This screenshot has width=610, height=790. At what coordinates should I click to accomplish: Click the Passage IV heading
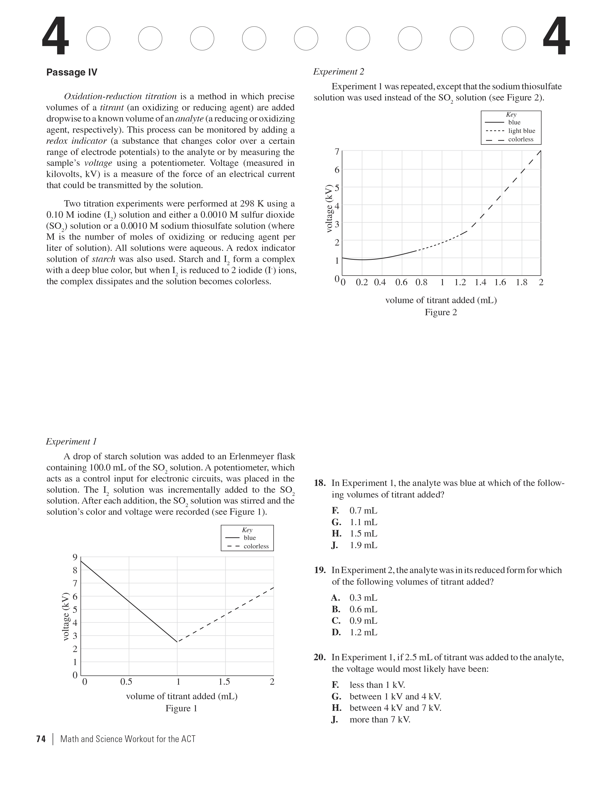[72, 72]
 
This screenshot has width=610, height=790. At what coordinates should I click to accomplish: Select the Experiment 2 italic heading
[339, 72]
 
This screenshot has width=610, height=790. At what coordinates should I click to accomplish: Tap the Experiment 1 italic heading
[71, 441]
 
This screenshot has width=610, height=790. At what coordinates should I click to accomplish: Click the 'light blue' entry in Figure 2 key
[521, 131]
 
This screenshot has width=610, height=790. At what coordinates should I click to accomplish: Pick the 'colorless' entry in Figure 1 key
[256, 546]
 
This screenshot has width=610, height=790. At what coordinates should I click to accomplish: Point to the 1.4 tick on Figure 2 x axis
[480, 283]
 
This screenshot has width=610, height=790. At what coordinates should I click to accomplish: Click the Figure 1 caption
[181, 708]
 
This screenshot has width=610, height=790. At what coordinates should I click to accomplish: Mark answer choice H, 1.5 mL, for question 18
[363, 534]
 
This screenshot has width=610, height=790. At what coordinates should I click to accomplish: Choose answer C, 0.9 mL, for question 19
[363, 621]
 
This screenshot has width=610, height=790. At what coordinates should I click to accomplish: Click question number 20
[320, 657]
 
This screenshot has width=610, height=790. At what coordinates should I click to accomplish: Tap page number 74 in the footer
[41, 739]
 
